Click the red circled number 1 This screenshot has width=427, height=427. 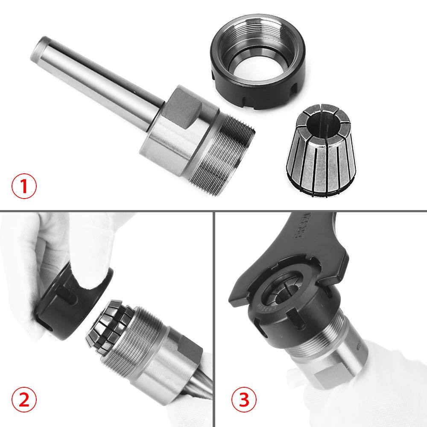click(24, 187)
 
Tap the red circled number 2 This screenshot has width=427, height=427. click(24, 400)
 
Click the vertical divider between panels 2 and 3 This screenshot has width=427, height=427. click(213, 320)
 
